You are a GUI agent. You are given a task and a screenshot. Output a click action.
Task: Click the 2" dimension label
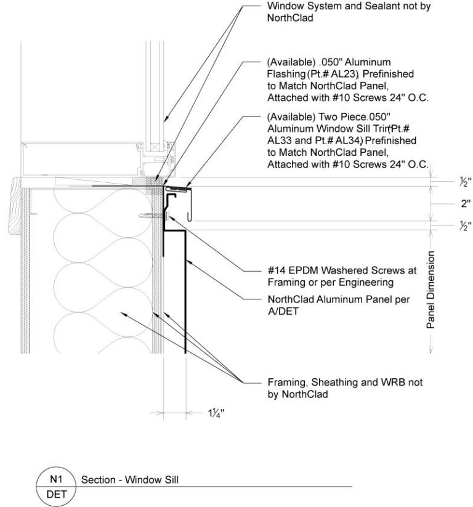coord(466,204)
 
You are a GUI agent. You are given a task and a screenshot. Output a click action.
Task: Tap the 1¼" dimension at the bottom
coord(216,413)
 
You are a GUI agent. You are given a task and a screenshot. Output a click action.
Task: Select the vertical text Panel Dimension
coord(431,290)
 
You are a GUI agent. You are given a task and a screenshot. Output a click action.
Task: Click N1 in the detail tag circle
coord(56,479)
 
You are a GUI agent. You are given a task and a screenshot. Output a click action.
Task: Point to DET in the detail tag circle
coord(56,495)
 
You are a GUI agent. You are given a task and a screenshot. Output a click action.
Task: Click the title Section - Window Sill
coord(130,479)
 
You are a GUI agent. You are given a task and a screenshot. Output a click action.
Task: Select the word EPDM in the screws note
coord(302,270)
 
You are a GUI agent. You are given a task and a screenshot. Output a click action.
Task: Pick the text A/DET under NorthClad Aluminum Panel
coord(283,311)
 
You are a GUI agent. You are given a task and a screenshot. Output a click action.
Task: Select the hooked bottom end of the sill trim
coord(190,217)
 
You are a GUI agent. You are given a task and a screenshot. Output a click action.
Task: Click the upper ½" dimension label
coord(466,182)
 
